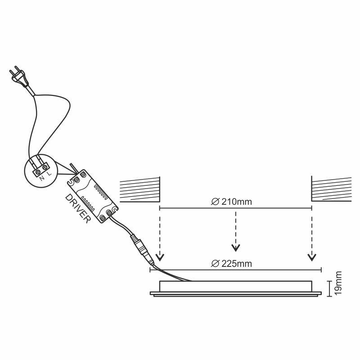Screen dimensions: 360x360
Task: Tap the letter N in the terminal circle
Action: (x=42, y=178)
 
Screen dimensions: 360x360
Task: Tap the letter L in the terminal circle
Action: (x=49, y=174)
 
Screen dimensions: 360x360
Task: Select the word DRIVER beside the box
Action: (x=77, y=208)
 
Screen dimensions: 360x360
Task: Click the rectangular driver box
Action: (x=93, y=196)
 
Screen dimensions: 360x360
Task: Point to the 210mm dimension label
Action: (x=237, y=202)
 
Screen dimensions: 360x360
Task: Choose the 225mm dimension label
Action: (x=237, y=264)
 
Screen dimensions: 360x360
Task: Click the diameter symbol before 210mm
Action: (x=215, y=202)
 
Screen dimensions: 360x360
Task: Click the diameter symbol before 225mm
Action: (x=215, y=264)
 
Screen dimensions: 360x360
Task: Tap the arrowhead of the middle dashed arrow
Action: (x=235, y=248)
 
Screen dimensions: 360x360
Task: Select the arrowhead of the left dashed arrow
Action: (x=160, y=257)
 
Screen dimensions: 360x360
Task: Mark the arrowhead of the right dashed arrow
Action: (x=312, y=257)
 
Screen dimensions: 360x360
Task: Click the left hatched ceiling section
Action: (x=140, y=189)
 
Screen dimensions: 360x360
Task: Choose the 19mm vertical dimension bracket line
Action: (x=330, y=288)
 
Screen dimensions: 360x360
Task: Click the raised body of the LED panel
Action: (x=235, y=286)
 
